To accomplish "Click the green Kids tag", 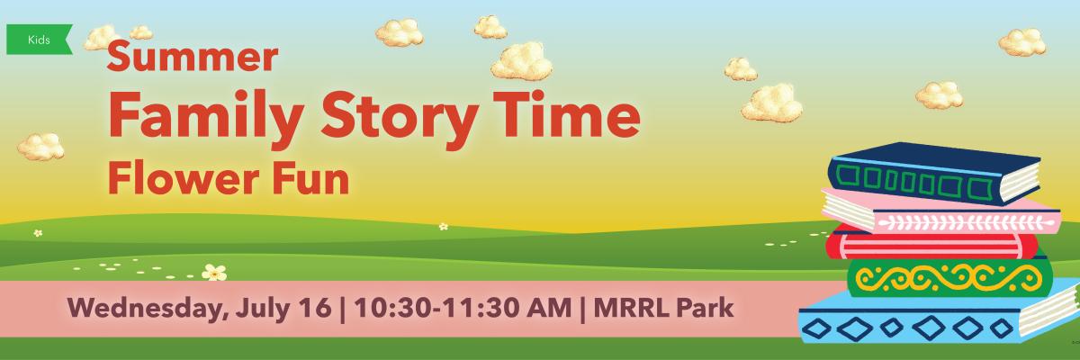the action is pyautogui.click(x=39, y=40).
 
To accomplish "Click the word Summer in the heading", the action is pyautogui.click(x=193, y=58).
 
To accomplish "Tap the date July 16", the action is pyautogui.click(x=283, y=309).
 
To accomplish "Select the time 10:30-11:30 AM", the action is pyautogui.click(x=463, y=308).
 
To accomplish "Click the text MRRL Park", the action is pyautogui.click(x=663, y=308).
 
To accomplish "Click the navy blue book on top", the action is pyautogui.click(x=934, y=173).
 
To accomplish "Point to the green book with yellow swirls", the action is pyautogui.click(x=948, y=278).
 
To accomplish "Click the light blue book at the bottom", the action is pyautogui.click(x=938, y=318).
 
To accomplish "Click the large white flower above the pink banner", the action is pyautogui.click(x=214, y=273).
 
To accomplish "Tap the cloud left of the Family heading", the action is pyautogui.click(x=41, y=147).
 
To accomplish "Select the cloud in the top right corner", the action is pyautogui.click(x=1022, y=42).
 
